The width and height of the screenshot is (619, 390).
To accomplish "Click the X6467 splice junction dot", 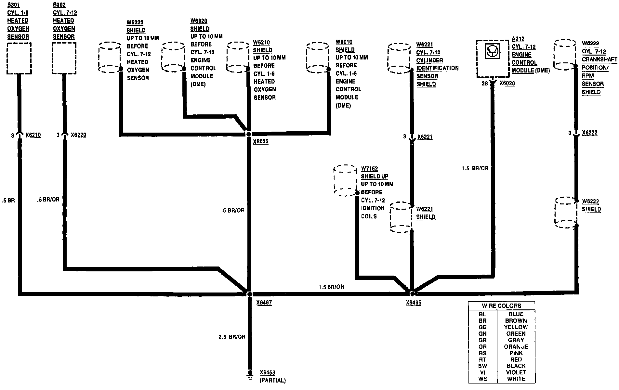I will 249,294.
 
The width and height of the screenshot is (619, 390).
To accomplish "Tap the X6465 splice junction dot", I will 412,294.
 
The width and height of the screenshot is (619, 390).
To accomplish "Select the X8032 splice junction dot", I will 249,134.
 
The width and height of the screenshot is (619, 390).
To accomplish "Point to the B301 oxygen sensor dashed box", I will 19,58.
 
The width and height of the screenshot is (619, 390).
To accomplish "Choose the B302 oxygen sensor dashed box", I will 64,58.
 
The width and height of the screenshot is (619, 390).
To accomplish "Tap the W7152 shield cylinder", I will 346,180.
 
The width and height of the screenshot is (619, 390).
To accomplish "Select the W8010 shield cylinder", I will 318,57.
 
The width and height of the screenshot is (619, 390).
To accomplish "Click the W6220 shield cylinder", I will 110,57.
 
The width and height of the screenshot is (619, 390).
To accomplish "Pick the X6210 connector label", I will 33,135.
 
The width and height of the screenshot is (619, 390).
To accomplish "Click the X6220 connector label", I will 78,135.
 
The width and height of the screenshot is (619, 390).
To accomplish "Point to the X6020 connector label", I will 507,84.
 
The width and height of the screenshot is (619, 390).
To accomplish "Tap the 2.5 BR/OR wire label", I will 232,337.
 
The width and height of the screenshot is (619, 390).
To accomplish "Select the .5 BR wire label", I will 8,201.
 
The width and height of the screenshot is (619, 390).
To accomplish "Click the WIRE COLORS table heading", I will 501,305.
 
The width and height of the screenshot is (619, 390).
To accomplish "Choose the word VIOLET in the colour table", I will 516,372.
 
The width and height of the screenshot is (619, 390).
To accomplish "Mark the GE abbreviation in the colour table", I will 482,327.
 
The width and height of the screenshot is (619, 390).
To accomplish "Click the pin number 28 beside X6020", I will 484,84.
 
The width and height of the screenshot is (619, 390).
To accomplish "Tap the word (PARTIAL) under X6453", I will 272,380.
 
